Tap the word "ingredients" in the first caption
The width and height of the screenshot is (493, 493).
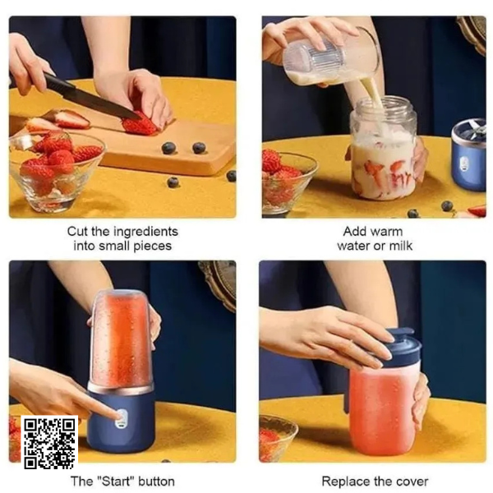click(x=145, y=232)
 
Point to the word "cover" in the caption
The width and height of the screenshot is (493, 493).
click(x=412, y=481)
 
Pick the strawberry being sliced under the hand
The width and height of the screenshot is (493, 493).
click(x=139, y=123)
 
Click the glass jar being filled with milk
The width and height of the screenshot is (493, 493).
click(x=383, y=149)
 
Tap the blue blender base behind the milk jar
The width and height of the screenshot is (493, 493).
click(x=468, y=155)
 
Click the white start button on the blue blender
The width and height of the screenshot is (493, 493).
click(x=121, y=418)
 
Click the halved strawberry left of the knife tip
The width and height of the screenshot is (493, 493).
click(x=71, y=119)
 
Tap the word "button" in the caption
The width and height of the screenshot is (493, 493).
click(x=156, y=481)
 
